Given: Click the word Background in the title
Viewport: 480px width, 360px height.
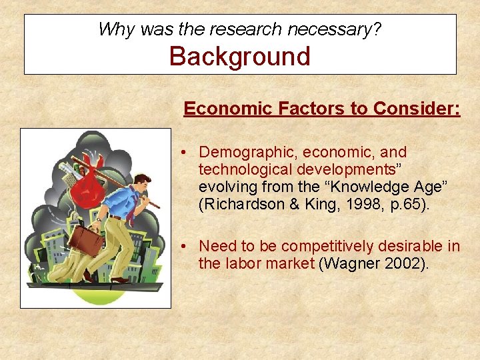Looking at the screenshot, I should click(x=240, y=56).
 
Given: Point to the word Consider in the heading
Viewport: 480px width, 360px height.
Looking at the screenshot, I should click(x=417, y=108).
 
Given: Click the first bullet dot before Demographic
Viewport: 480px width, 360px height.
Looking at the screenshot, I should click(x=182, y=153).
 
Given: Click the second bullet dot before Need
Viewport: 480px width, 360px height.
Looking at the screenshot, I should click(x=182, y=247).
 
